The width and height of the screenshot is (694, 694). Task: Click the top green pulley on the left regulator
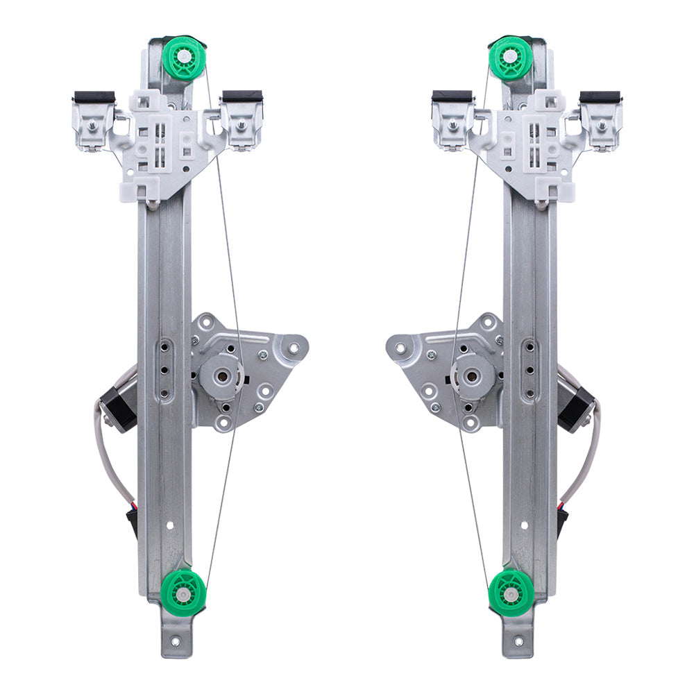point(184,58)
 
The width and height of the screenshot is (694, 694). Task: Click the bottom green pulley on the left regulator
point(183,593)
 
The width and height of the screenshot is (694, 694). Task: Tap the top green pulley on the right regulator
point(511,58)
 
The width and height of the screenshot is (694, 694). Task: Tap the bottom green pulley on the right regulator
point(511,593)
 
